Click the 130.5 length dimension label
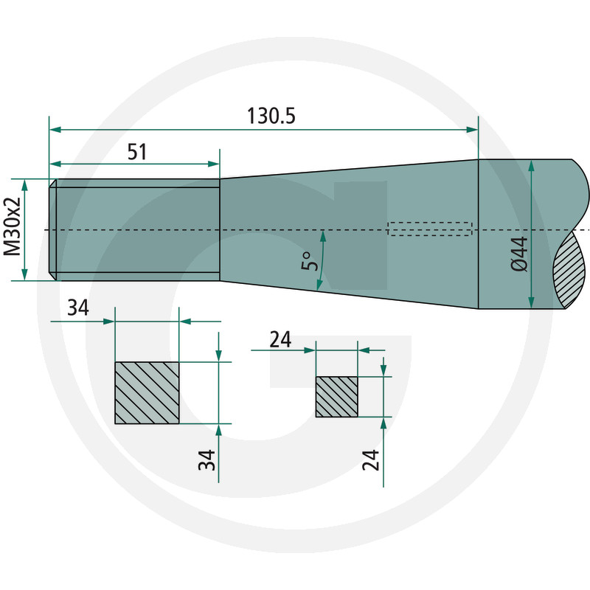coord(271,116)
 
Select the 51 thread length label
coord(137,153)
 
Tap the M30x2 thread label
coord(12,226)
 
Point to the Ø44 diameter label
coord(520,254)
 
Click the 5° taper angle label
coord(310,261)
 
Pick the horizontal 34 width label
coord(78,308)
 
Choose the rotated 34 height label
coord(207,459)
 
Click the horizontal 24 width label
coord(280,340)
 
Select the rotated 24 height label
coord(371,459)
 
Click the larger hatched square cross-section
coord(147,393)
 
